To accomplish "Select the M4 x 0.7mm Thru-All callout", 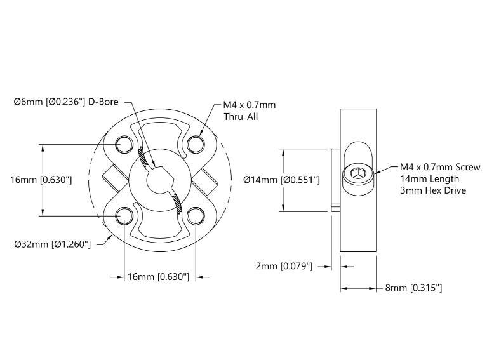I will [x=249, y=110].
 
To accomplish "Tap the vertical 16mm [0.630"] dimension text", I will [x=41, y=180].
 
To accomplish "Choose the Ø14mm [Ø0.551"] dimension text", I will [x=281, y=180].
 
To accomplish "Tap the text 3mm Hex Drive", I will [x=433, y=190].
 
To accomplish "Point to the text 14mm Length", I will [x=429, y=178].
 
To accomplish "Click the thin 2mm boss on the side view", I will [x=335, y=180].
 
